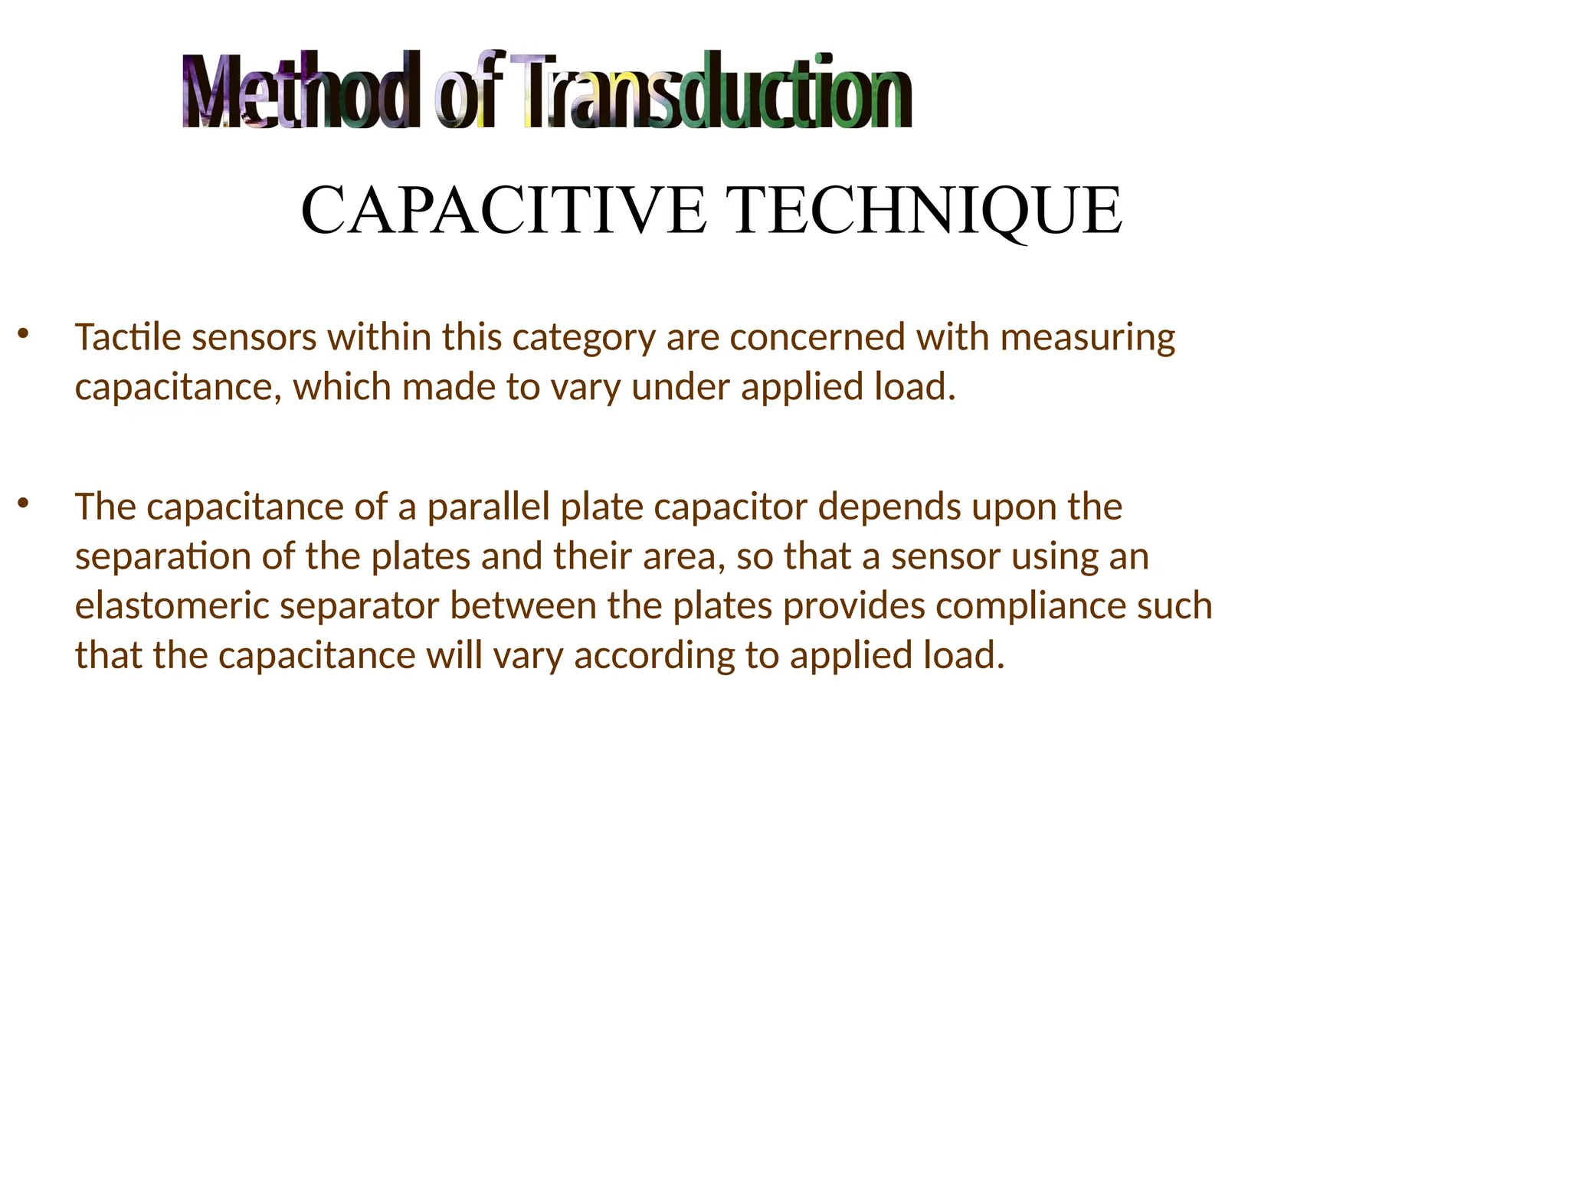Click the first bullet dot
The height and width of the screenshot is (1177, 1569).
coord(23,333)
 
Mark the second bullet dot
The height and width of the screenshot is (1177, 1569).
coord(23,503)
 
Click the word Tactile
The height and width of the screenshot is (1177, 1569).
coord(127,337)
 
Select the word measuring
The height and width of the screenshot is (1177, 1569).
coord(1087,339)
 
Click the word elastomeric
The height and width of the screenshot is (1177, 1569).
coord(172,606)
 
